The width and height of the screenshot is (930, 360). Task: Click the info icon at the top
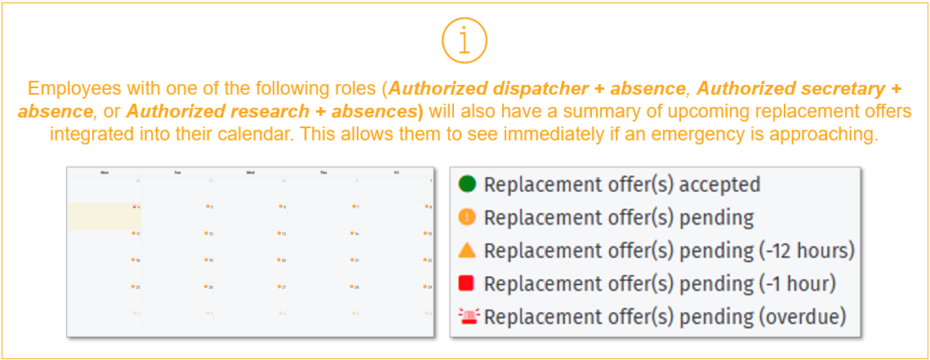click(x=465, y=40)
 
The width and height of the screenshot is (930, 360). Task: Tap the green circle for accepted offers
click(x=467, y=184)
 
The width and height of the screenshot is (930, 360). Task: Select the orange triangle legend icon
click(x=467, y=250)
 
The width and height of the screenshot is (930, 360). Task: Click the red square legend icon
click(x=467, y=283)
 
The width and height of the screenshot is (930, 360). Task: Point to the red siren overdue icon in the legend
click(x=467, y=316)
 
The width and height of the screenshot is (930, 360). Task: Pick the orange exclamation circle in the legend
click(x=467, y=218)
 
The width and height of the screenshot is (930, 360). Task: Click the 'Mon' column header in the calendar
click(x=105, y=172)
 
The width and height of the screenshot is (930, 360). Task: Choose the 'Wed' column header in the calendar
click(x=250, y=172)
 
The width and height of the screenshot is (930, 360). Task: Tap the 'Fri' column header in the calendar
click(x=395, y=172)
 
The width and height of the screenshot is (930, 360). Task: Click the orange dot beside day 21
click(x=353, y=260)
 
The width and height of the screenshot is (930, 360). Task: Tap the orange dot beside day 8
click(x=425, y=207)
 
